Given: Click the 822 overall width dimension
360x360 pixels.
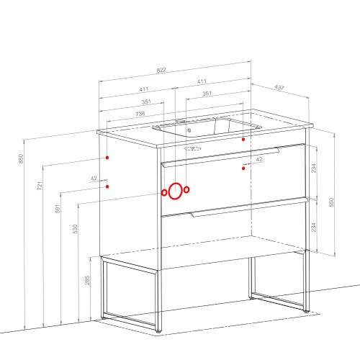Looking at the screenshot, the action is (161, 70).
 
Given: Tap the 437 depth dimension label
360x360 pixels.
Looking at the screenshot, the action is (279, 87).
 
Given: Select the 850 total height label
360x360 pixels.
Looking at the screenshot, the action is (21, 158).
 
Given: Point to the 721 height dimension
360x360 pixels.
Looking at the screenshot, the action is (40, 186).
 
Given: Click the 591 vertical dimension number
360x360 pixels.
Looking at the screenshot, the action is (58, 209).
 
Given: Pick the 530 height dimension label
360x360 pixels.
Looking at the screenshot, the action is (75, 229).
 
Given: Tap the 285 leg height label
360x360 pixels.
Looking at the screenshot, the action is (87, 280).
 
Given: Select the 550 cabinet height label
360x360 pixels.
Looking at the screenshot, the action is (331, 202).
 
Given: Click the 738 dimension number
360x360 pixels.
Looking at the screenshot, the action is (140, 114).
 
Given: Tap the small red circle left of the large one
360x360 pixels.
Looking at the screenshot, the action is (164, 192).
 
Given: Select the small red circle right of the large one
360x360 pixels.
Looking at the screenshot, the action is (186, 189).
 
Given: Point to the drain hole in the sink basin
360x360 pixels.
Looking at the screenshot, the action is (189, 130).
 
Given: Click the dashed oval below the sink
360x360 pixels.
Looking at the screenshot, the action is (192, 149).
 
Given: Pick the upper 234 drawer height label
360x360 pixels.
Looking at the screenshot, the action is (314, 168).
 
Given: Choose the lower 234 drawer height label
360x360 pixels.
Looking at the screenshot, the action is (314, 227).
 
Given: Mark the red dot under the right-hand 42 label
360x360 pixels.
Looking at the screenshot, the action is (243, 168).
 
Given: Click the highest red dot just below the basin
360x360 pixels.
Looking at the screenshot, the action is (243, 139).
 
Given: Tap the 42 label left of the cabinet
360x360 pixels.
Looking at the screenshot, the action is (94, 179).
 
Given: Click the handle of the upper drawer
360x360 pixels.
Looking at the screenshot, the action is (221, 157).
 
